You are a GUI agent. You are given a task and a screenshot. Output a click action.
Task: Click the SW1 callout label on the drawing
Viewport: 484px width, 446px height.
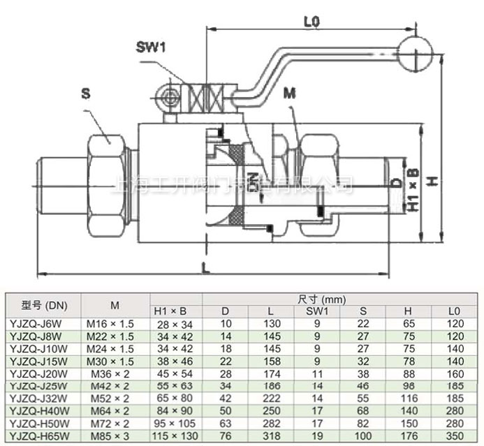point(150,47)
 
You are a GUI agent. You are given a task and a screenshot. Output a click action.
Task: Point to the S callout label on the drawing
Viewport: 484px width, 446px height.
point(85,92)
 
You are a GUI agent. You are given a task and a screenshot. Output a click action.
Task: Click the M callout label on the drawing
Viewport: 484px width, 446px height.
point(289,91)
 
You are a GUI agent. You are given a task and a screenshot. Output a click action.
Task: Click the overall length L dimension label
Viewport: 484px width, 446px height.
point(203,266)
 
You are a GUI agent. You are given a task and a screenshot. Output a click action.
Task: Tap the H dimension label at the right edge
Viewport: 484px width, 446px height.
point(433,180)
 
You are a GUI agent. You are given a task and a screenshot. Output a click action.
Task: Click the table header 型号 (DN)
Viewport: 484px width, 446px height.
point(43,304)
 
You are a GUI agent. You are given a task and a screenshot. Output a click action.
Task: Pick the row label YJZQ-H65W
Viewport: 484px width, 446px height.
point(38,434)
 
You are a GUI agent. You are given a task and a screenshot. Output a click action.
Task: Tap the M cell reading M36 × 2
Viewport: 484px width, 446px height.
point(114,373)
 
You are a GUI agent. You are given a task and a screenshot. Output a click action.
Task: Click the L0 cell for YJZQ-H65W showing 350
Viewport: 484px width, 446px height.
point(455,434)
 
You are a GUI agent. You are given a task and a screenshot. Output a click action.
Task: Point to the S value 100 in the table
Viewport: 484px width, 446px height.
point(362,434)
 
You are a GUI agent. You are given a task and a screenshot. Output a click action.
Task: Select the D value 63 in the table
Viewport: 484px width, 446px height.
point(226,422)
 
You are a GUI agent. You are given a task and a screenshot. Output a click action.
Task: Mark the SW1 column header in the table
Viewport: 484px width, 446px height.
point(316,311)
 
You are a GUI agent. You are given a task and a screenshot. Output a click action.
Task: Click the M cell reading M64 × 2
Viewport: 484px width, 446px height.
point(114,410)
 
